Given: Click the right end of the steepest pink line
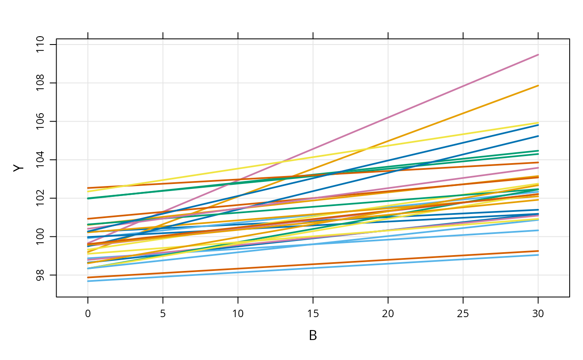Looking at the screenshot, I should point(538,55).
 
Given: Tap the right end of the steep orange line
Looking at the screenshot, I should point(538,85).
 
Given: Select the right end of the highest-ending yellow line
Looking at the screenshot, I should point(538,123).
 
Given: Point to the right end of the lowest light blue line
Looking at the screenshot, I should point(538,255).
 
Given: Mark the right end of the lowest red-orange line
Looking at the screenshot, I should point(538,251).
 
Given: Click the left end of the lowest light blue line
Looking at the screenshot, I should point(88,281).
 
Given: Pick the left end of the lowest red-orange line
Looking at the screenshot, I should point(88,277).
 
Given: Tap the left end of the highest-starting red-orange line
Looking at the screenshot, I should point(88,188).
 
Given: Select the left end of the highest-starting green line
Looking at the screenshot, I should point(88,198).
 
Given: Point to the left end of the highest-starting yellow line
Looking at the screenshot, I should point(88,191).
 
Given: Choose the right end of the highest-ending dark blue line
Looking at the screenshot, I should point(538,124).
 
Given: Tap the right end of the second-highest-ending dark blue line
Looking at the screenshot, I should point(538,136).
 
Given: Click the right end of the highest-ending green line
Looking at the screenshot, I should point(538,151).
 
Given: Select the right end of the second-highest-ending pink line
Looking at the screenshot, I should point(538,168).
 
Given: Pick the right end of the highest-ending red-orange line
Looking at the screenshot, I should point(538,162).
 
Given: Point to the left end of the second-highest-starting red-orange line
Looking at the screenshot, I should point(88,218).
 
